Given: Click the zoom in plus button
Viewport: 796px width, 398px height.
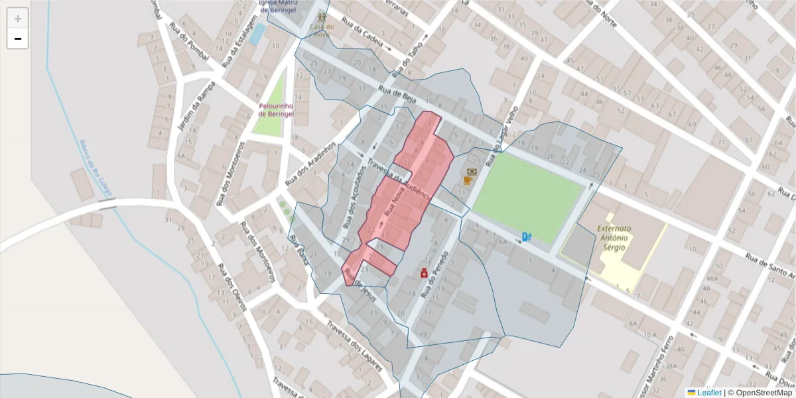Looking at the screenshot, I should tap(18, 19).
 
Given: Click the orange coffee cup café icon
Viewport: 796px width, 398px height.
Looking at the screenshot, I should tap(468, 179).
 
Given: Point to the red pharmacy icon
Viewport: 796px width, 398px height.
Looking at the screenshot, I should tap(423, 273).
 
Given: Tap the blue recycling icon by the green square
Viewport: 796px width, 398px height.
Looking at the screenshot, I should tap(526, 236).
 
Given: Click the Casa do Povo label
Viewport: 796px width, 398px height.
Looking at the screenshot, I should tap(321, 31).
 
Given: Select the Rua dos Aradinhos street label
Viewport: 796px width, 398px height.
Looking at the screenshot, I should tap(307, 166).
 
